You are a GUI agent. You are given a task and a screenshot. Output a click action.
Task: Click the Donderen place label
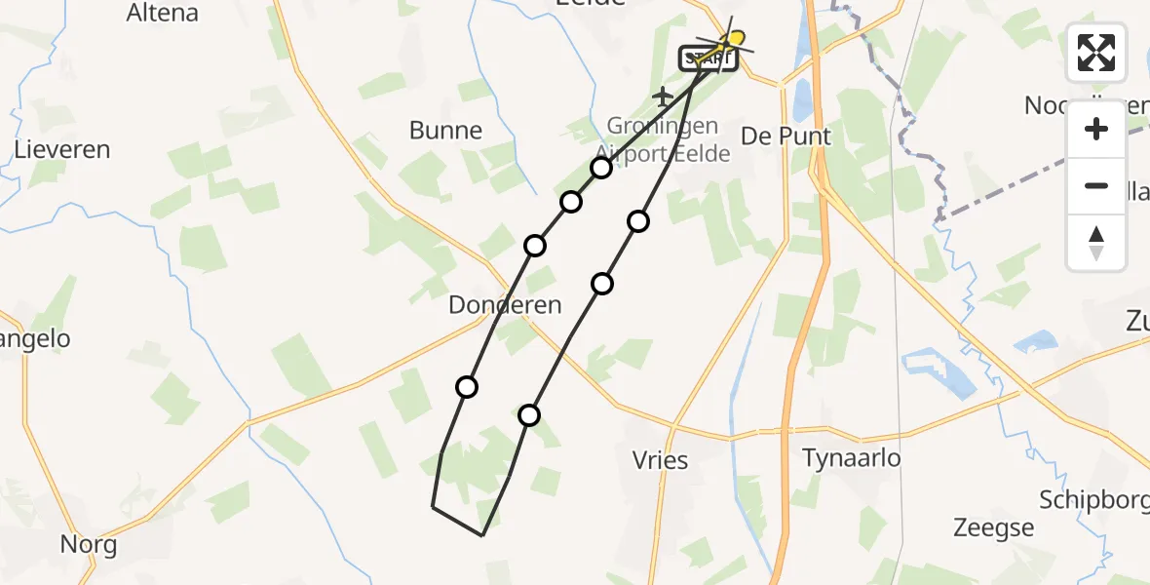click(505, 305)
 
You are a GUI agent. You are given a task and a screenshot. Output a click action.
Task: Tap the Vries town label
click(660, 460)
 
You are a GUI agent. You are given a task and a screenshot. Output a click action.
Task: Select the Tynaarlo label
click(851, 457)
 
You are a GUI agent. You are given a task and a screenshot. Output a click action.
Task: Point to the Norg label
click(89, 544)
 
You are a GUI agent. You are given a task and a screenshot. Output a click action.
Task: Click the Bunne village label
click(445, 131)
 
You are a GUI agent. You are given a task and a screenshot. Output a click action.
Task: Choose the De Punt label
click(786, 136)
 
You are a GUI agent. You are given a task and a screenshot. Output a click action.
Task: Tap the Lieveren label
click(62, 150)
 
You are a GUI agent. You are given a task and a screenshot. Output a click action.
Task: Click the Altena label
click(163, 13)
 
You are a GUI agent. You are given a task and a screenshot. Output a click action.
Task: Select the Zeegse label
click(993, 528)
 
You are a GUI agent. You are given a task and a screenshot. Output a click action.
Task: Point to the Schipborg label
click(1092, 500)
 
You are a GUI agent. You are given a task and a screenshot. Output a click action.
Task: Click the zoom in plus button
click(1096, 129)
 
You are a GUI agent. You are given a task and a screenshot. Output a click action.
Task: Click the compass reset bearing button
click(1096, 242)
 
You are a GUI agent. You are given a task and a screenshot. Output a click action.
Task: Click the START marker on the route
click(708, 58)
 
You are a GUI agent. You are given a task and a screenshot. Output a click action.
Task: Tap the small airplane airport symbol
click(663, 97)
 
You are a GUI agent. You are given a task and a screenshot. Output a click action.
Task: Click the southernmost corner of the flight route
click(482, 535)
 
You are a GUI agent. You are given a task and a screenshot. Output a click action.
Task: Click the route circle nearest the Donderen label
click(535, 245)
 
